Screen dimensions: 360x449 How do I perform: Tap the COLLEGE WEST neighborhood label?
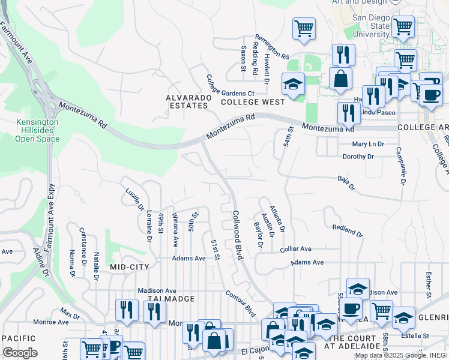(x=252, y=103)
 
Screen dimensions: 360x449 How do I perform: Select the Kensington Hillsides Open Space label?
(x=37, y=130)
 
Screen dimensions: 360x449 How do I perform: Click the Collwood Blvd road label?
(x=237, y=235)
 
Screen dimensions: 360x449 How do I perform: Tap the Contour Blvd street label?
(x=241, y=304)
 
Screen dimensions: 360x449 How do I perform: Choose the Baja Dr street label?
(x=346, y=182)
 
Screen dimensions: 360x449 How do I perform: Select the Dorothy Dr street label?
(x=358, y=157)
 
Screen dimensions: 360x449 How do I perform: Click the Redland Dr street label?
(x=348, y=230)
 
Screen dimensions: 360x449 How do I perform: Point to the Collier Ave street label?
(x=295, y=248)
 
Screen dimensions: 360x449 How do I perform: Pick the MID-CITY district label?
(x=130, y=265)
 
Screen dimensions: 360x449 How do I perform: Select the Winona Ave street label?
(x=175, y=230)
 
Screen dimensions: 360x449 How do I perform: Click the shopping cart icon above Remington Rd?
(x=304, y=29)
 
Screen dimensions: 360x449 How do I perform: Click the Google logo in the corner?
(x=20, y=352)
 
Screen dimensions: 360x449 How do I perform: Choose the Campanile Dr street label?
(x=399, y=166)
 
